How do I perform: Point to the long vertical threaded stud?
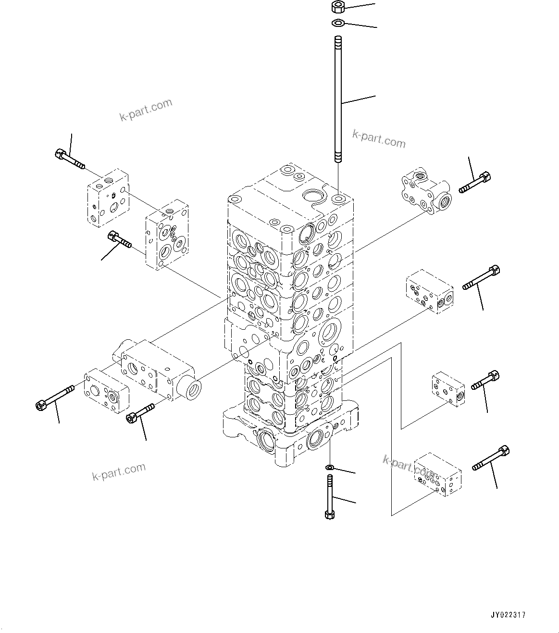[338, 101]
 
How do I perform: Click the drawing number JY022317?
[508, 615]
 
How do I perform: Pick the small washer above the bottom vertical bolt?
[329, 467]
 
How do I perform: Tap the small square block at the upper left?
[108, 197]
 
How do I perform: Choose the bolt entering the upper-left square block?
[69, 160]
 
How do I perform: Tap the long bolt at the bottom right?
[491, 459]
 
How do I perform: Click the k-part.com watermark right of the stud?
[379, 139]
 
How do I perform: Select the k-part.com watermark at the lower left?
[119, 472]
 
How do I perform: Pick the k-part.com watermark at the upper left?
[146, 110]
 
